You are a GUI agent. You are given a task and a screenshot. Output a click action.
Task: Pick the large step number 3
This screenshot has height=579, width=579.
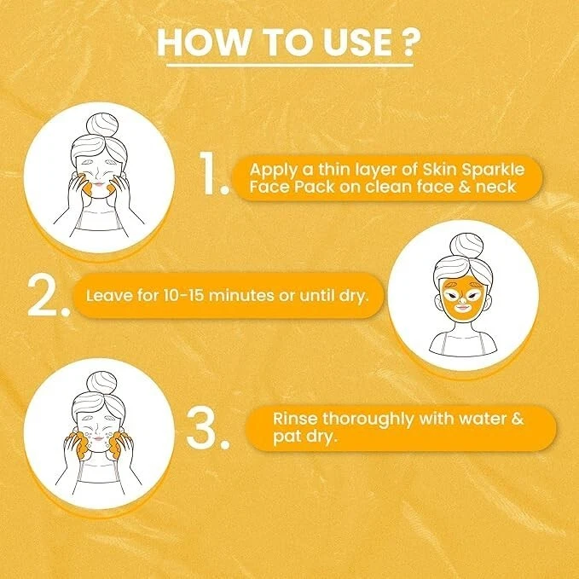tap(208, 429)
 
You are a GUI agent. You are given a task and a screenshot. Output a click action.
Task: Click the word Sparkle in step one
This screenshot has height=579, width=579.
tap(493, 171)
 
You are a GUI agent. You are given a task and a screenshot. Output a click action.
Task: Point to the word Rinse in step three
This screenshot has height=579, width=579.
tap(295, 419)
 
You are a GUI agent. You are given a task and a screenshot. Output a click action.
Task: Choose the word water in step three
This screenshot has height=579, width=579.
tap(482, 419)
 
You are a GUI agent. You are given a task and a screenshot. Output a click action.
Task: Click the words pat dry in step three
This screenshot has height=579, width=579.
tap(305, 437)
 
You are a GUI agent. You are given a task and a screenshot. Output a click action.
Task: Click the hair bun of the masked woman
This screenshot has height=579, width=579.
tap(466, 246)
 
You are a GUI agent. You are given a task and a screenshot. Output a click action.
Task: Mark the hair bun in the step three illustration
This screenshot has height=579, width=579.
tap(101, 384)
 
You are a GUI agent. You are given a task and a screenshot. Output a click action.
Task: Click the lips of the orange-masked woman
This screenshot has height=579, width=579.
tap(462, 306)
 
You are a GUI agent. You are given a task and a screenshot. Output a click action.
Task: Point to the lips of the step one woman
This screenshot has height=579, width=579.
tap(99, 183)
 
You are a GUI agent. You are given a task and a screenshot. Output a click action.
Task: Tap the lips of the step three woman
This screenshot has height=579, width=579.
tap(98, 438)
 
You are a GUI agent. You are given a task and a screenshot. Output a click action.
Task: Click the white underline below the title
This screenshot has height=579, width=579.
tap(290, 66)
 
